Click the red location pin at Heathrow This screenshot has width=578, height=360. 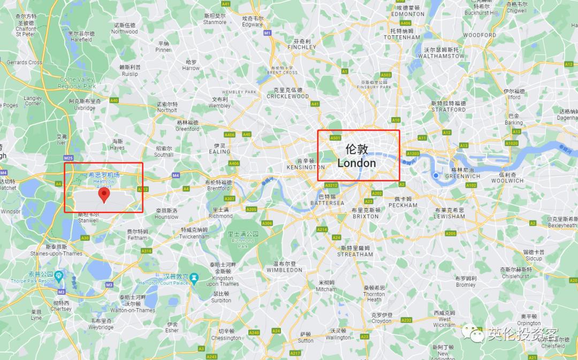104,195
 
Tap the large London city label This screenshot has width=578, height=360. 357,156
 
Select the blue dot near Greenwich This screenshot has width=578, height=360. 437,175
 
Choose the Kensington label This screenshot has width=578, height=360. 306,164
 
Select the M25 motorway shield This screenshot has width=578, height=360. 68,158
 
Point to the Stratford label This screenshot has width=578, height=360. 448,106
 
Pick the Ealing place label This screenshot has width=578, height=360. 219,149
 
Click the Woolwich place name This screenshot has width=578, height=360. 507,178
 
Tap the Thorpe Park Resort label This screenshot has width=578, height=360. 32,277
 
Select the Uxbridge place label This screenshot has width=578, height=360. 85,104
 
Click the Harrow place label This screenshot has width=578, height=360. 191,65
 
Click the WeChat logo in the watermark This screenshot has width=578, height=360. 475,335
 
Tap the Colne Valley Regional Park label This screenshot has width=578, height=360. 77,83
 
